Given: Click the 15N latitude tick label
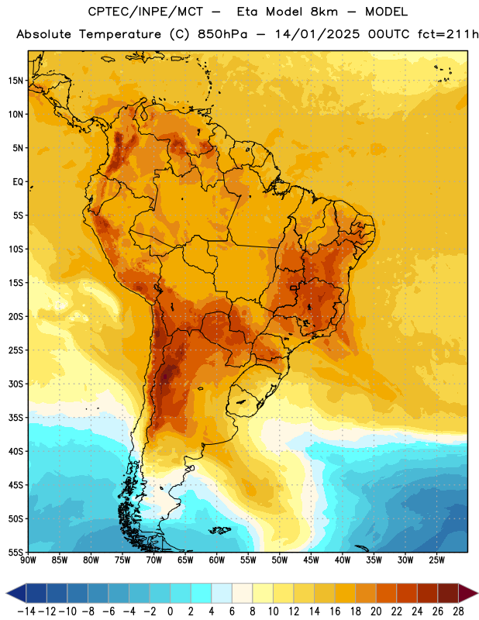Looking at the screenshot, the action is tap(16, 81).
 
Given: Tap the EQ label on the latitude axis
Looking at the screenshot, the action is tap(18, 182).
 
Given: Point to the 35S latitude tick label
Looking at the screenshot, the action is tap(16, 418).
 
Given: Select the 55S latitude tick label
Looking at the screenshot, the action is tap(16, 552).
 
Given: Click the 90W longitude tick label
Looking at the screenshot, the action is tap(28, 560).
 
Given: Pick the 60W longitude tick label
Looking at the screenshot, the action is tap(217, 560).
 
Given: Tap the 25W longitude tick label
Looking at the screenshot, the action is tap(436, 560).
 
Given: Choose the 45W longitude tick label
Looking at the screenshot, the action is tap(311, 560).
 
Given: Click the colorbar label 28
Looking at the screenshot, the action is tap(458, 611).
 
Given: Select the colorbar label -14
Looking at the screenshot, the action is tap(26, 611).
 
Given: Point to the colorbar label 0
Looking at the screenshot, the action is tap(171, 611).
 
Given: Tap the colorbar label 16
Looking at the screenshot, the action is tap(335, 611).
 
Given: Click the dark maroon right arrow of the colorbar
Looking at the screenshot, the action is tap(467, 593).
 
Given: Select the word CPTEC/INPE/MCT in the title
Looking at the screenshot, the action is tap(146, 12).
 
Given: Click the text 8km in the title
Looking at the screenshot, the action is tap(324, 12).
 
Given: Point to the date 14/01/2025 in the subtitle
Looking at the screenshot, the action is tap(317, 34).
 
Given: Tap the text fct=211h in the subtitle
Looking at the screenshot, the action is tap(447, 34).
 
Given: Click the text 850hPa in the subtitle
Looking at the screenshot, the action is tap(222, 34).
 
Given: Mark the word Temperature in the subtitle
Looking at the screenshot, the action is tap(120, 35).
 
